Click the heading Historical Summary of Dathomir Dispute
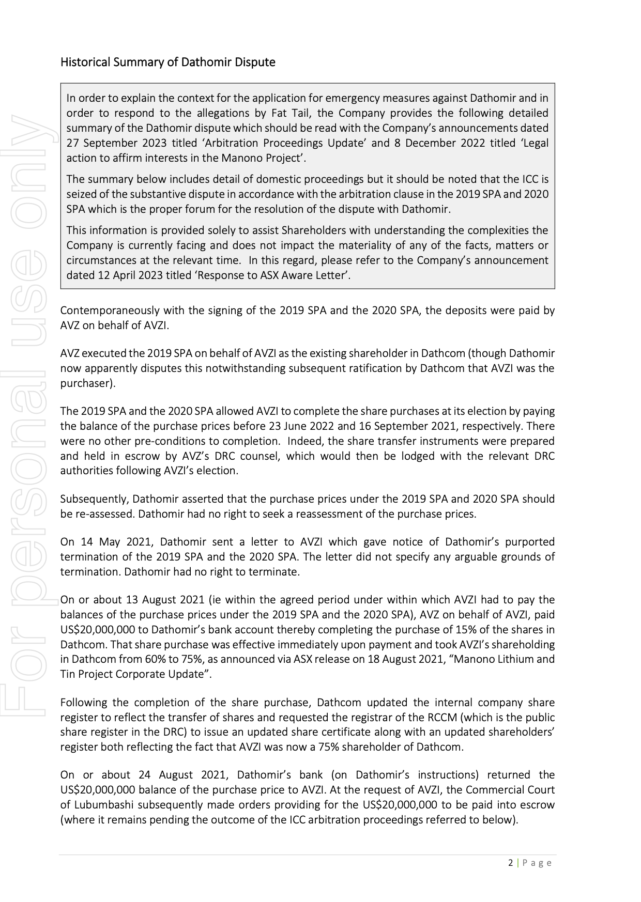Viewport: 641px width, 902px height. coord(167,62)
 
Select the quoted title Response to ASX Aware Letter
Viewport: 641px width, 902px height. coord(272,275)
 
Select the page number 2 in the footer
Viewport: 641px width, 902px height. coord(511,863)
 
